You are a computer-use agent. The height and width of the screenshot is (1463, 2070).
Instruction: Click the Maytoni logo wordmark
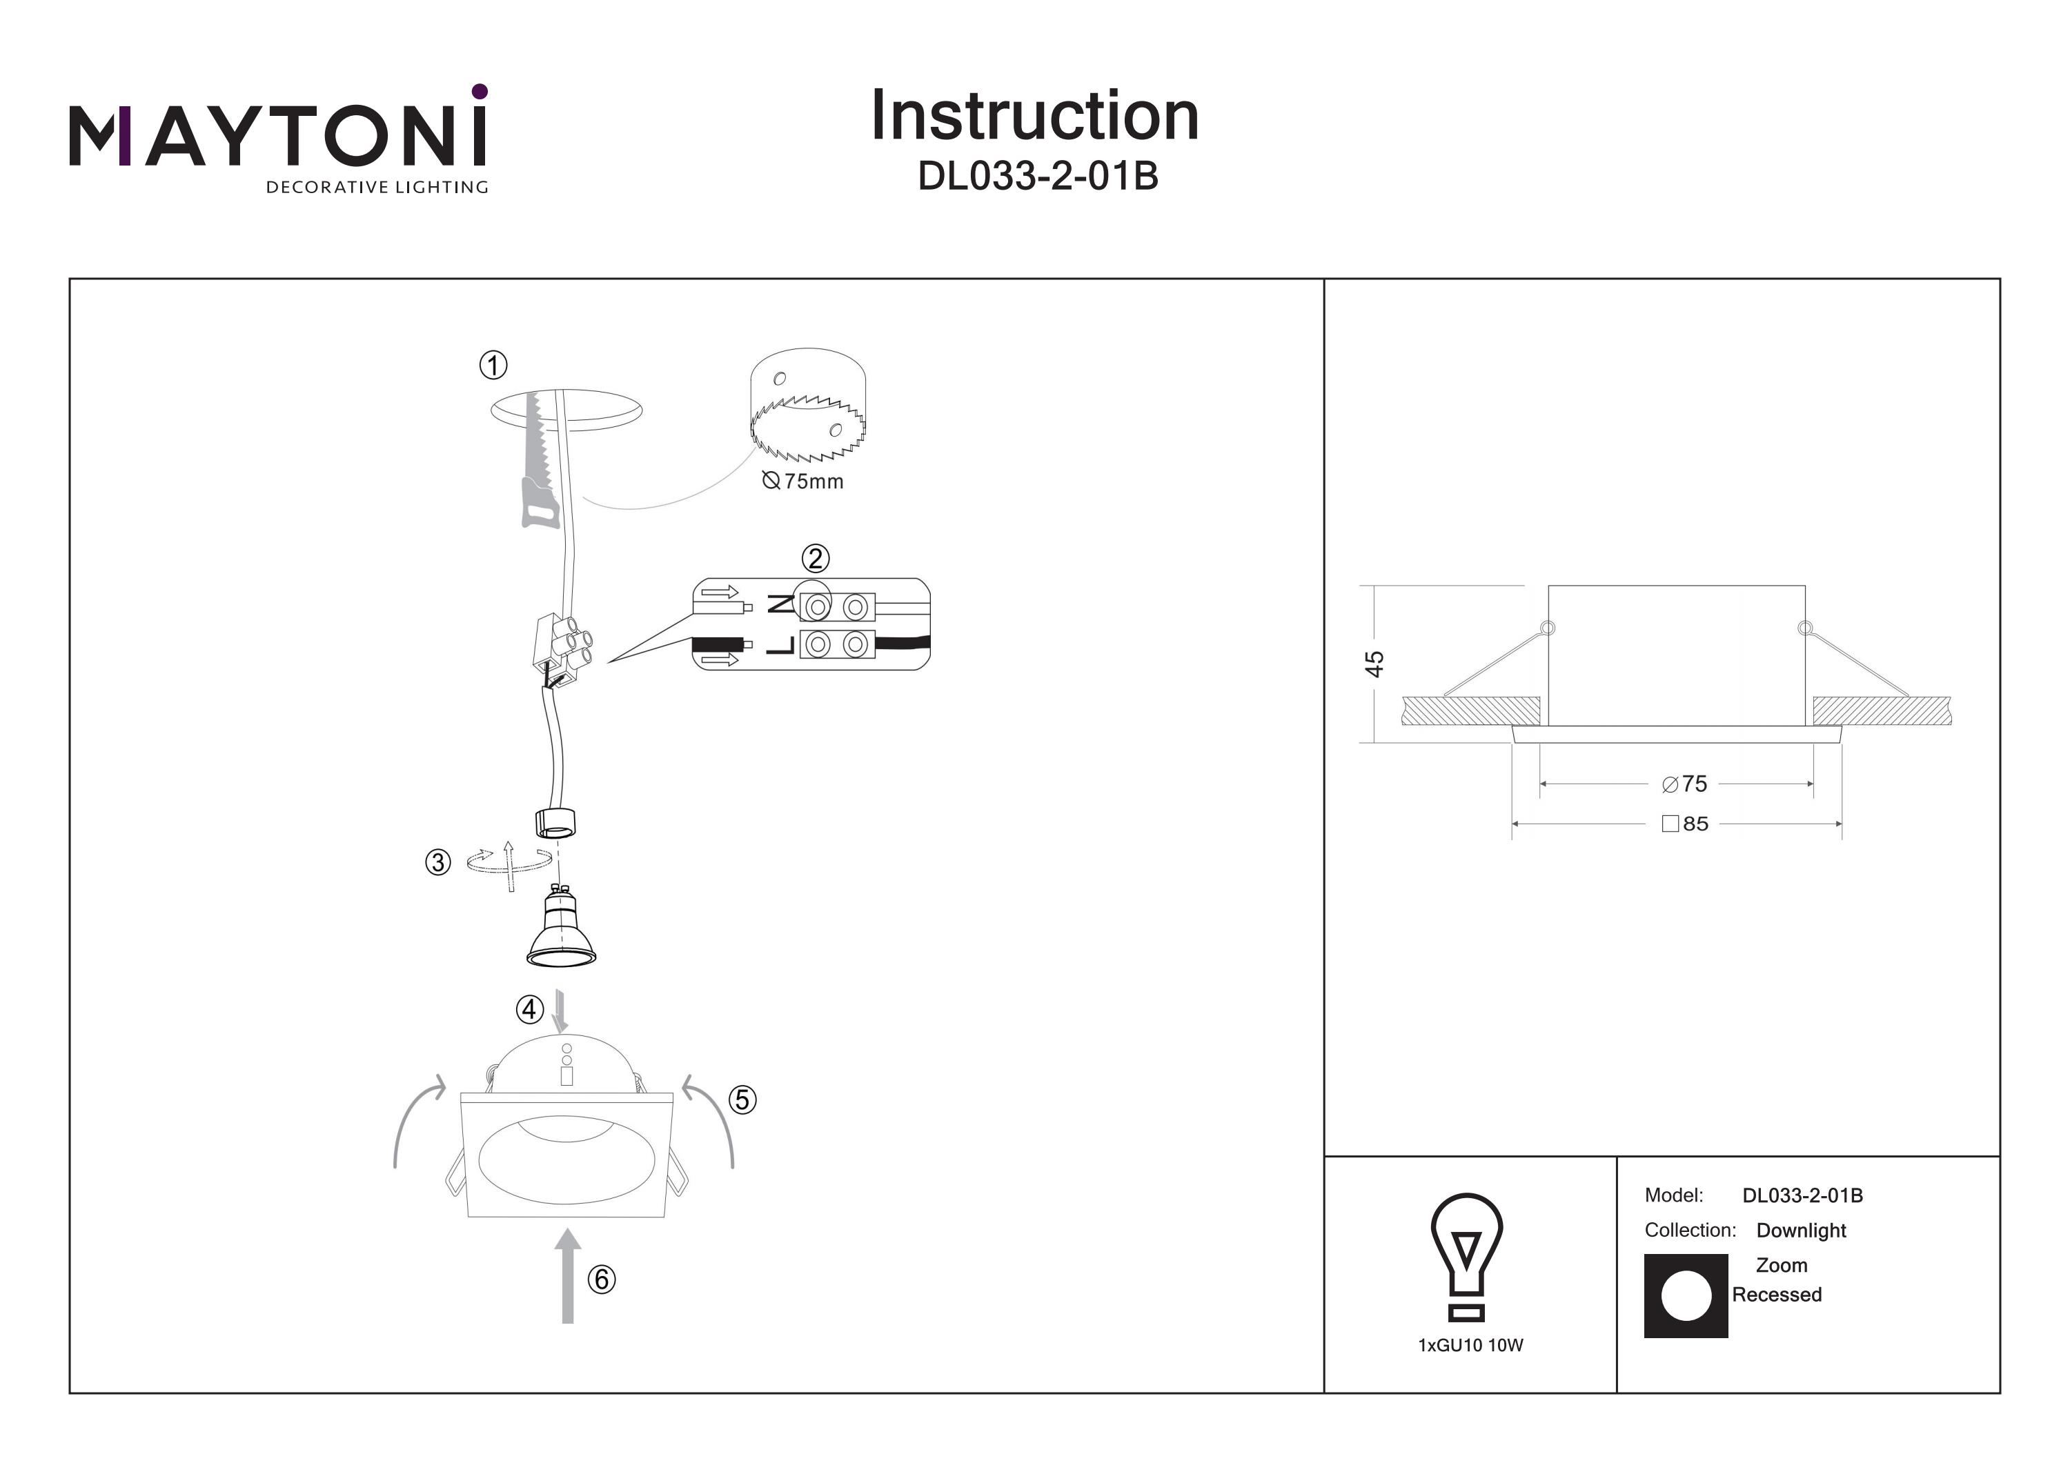point(277,135)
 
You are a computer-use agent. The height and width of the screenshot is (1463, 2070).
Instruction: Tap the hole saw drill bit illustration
point(808,406)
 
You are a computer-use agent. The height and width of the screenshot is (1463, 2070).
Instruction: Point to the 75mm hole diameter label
point(803,481)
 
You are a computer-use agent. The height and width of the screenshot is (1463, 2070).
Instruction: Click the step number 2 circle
point(815,559)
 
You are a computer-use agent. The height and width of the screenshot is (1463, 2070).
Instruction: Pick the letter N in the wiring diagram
point(780,605)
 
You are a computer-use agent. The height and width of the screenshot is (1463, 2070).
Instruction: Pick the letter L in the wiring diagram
point(780,644)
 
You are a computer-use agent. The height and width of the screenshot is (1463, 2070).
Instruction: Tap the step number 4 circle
point(529,1010)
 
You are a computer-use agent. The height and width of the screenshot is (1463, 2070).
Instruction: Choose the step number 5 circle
point(742,1099)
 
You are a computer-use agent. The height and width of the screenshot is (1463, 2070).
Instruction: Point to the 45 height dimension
point(1373,664)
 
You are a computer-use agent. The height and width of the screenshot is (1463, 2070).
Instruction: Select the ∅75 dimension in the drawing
point(1684,784)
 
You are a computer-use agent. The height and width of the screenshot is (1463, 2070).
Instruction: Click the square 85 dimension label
point(1684,824)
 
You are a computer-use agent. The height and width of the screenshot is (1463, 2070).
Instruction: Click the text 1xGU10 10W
point(1470,1346)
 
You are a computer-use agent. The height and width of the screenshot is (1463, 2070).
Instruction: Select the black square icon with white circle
point(1686,1296)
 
